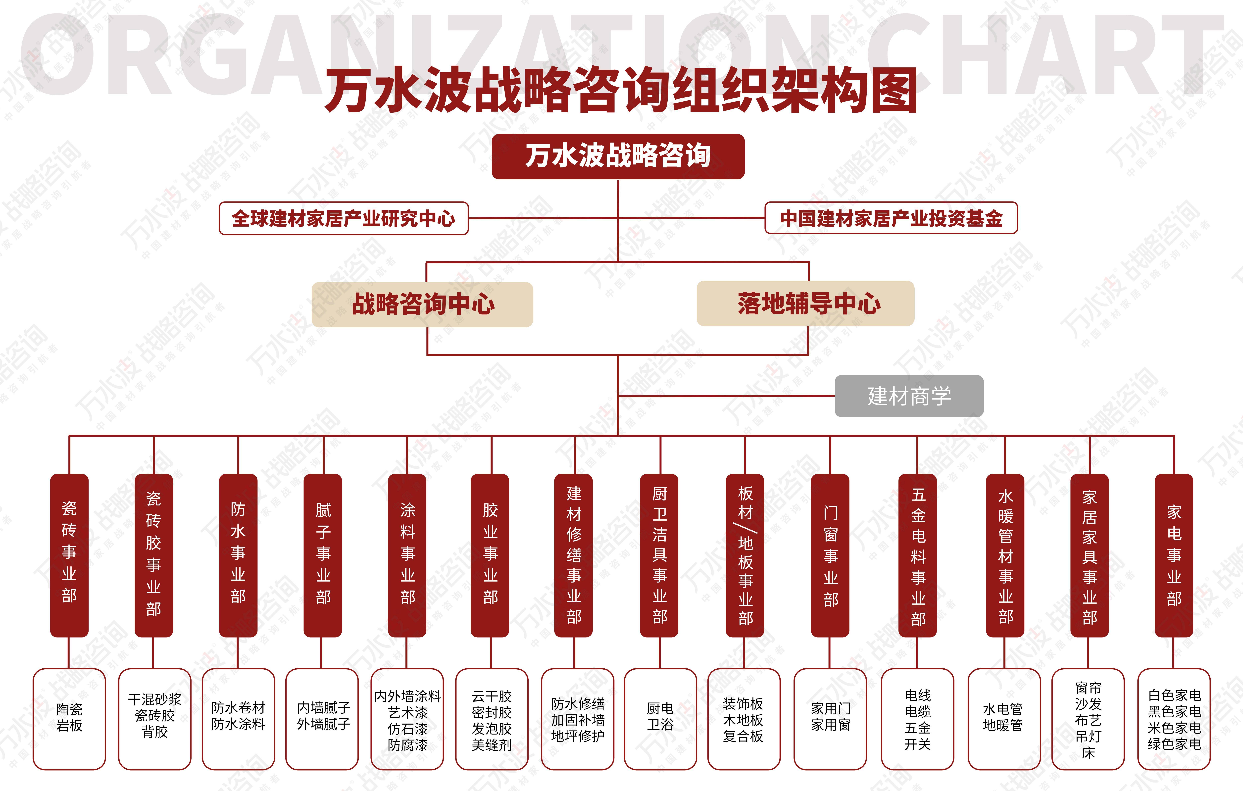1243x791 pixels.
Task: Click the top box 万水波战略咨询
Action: point(618,156)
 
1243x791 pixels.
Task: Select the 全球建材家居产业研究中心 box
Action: point(344,218)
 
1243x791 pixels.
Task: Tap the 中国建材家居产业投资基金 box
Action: point(891,218)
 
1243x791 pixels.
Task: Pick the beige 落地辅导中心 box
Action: point(805,303)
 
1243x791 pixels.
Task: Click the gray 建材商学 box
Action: point(909,396)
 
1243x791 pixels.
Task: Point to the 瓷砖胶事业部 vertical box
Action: point(154,555)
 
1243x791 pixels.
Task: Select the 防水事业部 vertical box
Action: point(238,555)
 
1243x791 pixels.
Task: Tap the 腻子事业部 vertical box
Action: point(323,555)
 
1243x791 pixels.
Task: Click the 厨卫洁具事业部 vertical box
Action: point(659,555)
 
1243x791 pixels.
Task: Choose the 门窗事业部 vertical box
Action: point(830,555)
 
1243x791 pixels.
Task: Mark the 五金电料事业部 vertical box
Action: point(918,555)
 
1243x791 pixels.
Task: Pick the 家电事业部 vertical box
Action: point(1174,555)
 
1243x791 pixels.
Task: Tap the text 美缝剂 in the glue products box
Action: point(491,744)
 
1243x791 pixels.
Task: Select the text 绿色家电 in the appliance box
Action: point(1174,744)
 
